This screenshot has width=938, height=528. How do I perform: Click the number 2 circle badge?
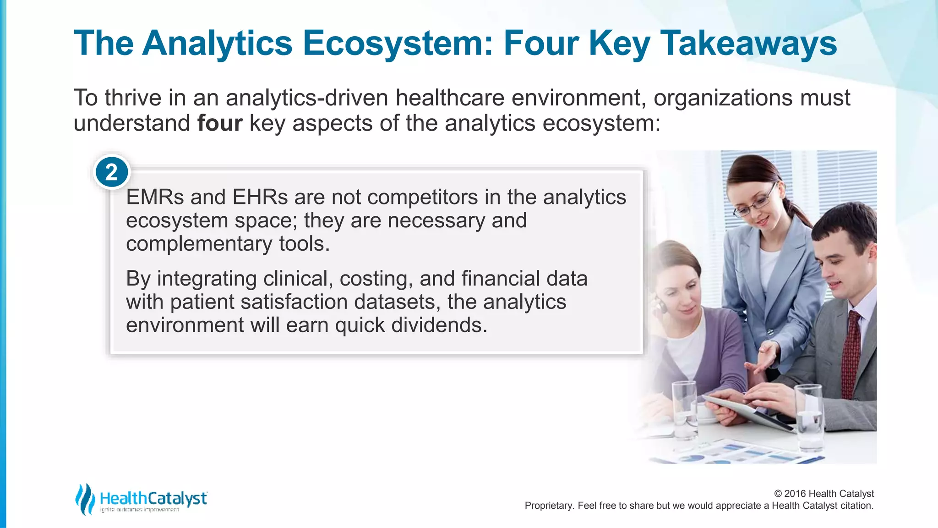click(112, 173)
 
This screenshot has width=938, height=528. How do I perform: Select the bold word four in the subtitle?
click(219, 123)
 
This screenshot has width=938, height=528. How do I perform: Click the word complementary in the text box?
click(199, 244)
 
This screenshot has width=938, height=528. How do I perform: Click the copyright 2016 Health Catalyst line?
click(823, 494)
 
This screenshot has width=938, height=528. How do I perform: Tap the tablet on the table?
click(751, 411)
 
